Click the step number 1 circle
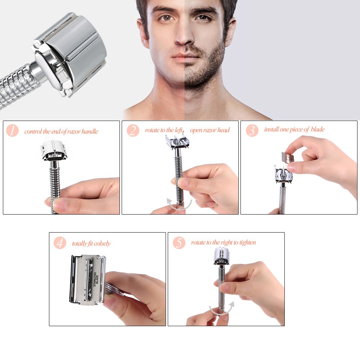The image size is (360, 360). (x=13, y=130)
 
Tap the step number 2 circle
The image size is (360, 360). (x=133, y=130)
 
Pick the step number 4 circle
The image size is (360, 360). (x=60, y=243)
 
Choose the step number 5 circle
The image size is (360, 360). (x=179, y=243)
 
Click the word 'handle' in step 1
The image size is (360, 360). (x=90, y=131)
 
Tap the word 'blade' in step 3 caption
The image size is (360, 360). (x=317, y=130)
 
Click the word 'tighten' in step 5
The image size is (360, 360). (x=247, y=242)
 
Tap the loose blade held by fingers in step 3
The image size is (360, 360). (x=288, y=157)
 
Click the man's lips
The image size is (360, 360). (x=185, y=57)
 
